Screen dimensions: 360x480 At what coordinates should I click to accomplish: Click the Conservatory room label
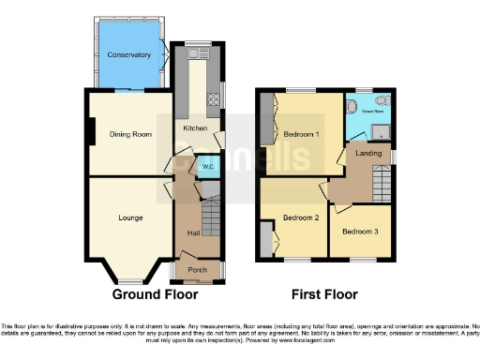coord(128,55)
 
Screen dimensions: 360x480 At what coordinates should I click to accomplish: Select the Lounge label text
coord(130,218)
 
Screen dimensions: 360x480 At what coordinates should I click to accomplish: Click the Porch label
coord(197,270)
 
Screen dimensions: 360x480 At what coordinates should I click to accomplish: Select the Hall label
coord(193,232)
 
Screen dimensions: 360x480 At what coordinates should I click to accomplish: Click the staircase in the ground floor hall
coord(211,218)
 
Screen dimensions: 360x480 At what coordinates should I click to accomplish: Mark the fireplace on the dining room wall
coord(91,134)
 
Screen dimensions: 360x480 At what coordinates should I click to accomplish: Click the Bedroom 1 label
coord(302,134)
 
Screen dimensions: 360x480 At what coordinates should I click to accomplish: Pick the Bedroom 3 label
coord(360,232)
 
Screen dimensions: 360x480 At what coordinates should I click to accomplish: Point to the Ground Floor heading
coord(155,294)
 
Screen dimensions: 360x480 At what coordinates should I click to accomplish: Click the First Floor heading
coord(324,294)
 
